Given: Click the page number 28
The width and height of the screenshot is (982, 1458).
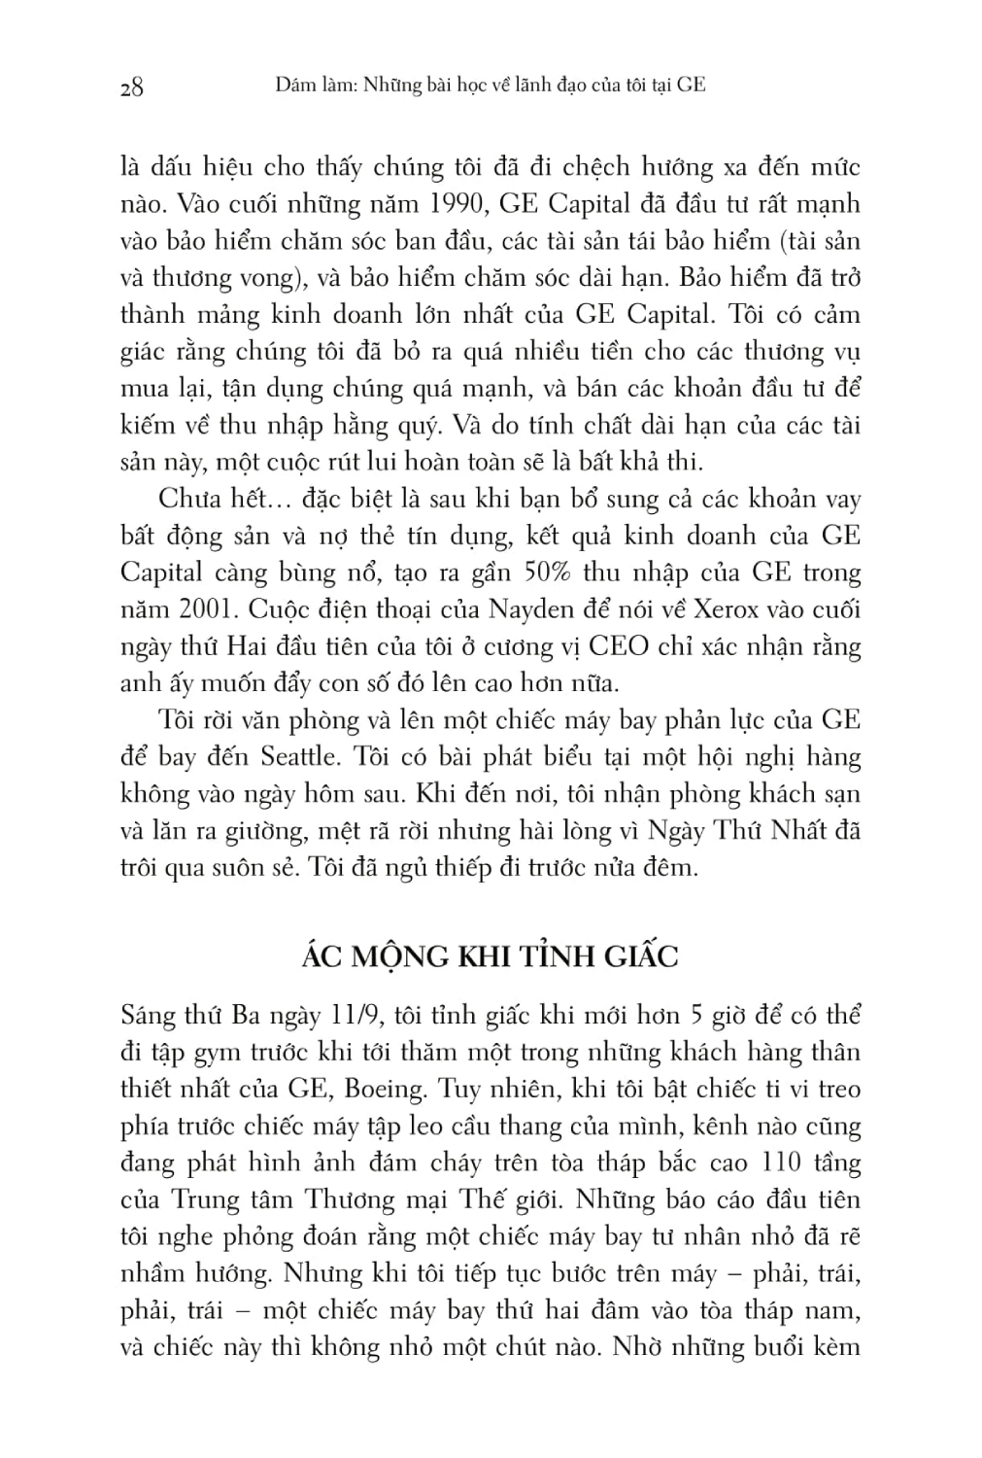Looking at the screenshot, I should (131, 87).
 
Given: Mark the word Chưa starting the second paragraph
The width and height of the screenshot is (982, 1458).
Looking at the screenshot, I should (188, 500).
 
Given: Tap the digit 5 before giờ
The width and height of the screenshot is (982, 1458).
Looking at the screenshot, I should (695, 1016).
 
